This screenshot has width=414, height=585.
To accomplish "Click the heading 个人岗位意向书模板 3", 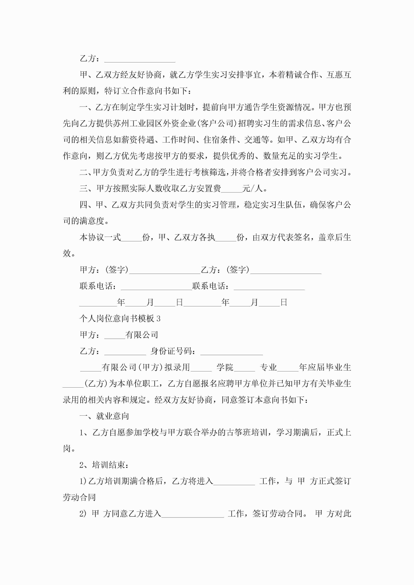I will click(120, 319).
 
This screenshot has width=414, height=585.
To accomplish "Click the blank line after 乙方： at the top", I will click(140, 59).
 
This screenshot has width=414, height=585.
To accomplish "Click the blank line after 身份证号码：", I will click(231, 352).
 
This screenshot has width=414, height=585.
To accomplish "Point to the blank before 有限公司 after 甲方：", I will click(115, 335).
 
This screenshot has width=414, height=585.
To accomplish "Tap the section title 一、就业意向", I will click(104, 416).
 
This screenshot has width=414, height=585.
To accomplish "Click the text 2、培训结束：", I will click(104, 465).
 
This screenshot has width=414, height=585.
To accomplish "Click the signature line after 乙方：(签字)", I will click(286, 270).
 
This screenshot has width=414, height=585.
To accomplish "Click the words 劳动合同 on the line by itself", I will click(79, 497).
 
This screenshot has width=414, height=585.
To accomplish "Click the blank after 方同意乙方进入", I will click(193, 514).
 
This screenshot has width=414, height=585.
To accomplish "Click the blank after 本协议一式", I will click(131, 238).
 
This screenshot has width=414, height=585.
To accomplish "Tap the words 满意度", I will click(92, 221).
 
